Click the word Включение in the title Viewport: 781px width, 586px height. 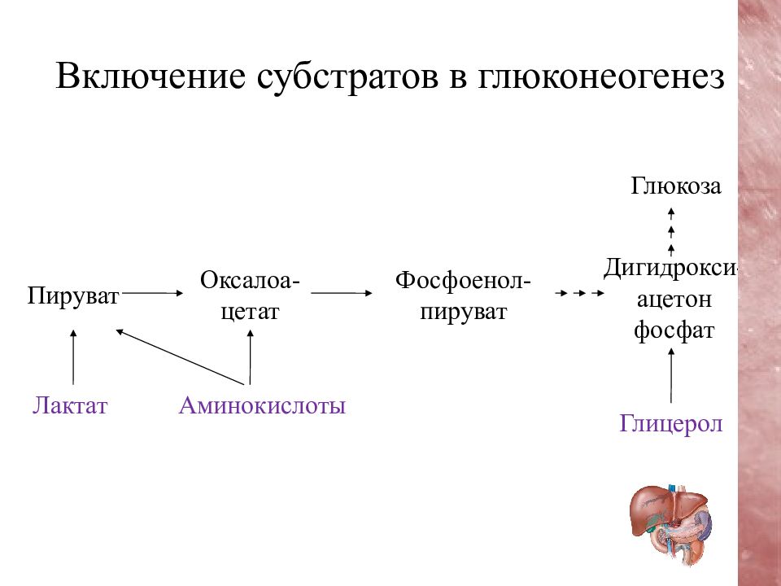pos(151,77)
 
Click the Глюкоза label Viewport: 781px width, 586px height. pos(676,186)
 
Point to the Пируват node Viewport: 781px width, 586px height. pos(73,295)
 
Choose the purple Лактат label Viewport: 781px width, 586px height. pos(70,405)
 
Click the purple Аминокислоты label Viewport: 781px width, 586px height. pos(262,405)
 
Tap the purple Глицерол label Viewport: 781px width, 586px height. pos(671,424)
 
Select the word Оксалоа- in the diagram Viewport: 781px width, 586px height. pos(250,280)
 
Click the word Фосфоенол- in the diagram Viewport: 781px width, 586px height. pos(463,280)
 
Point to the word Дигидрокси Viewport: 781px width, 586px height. pos(670,268)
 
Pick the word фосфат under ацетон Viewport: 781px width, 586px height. pos(674,330)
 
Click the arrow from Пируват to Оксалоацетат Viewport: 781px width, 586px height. pos(152,294)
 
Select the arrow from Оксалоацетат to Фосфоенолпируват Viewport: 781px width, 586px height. pos(342,293)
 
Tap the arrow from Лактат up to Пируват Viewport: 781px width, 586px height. pos(74,356)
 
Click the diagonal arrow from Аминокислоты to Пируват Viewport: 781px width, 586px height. pos(181,356)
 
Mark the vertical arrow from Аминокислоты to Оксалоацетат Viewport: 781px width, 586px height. pos(250,356)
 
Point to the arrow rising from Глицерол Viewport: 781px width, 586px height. pos(671,375)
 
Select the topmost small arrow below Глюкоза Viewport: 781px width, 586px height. pos(671,213)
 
